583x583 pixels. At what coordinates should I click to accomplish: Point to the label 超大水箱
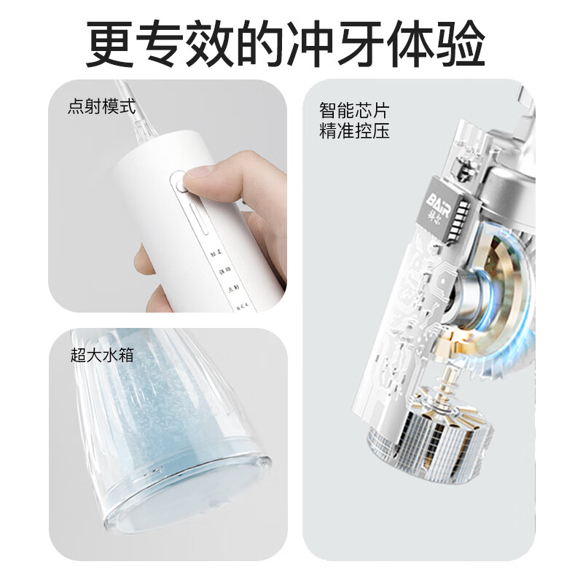[102, 355]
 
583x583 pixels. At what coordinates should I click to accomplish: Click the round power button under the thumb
[179, 182]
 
